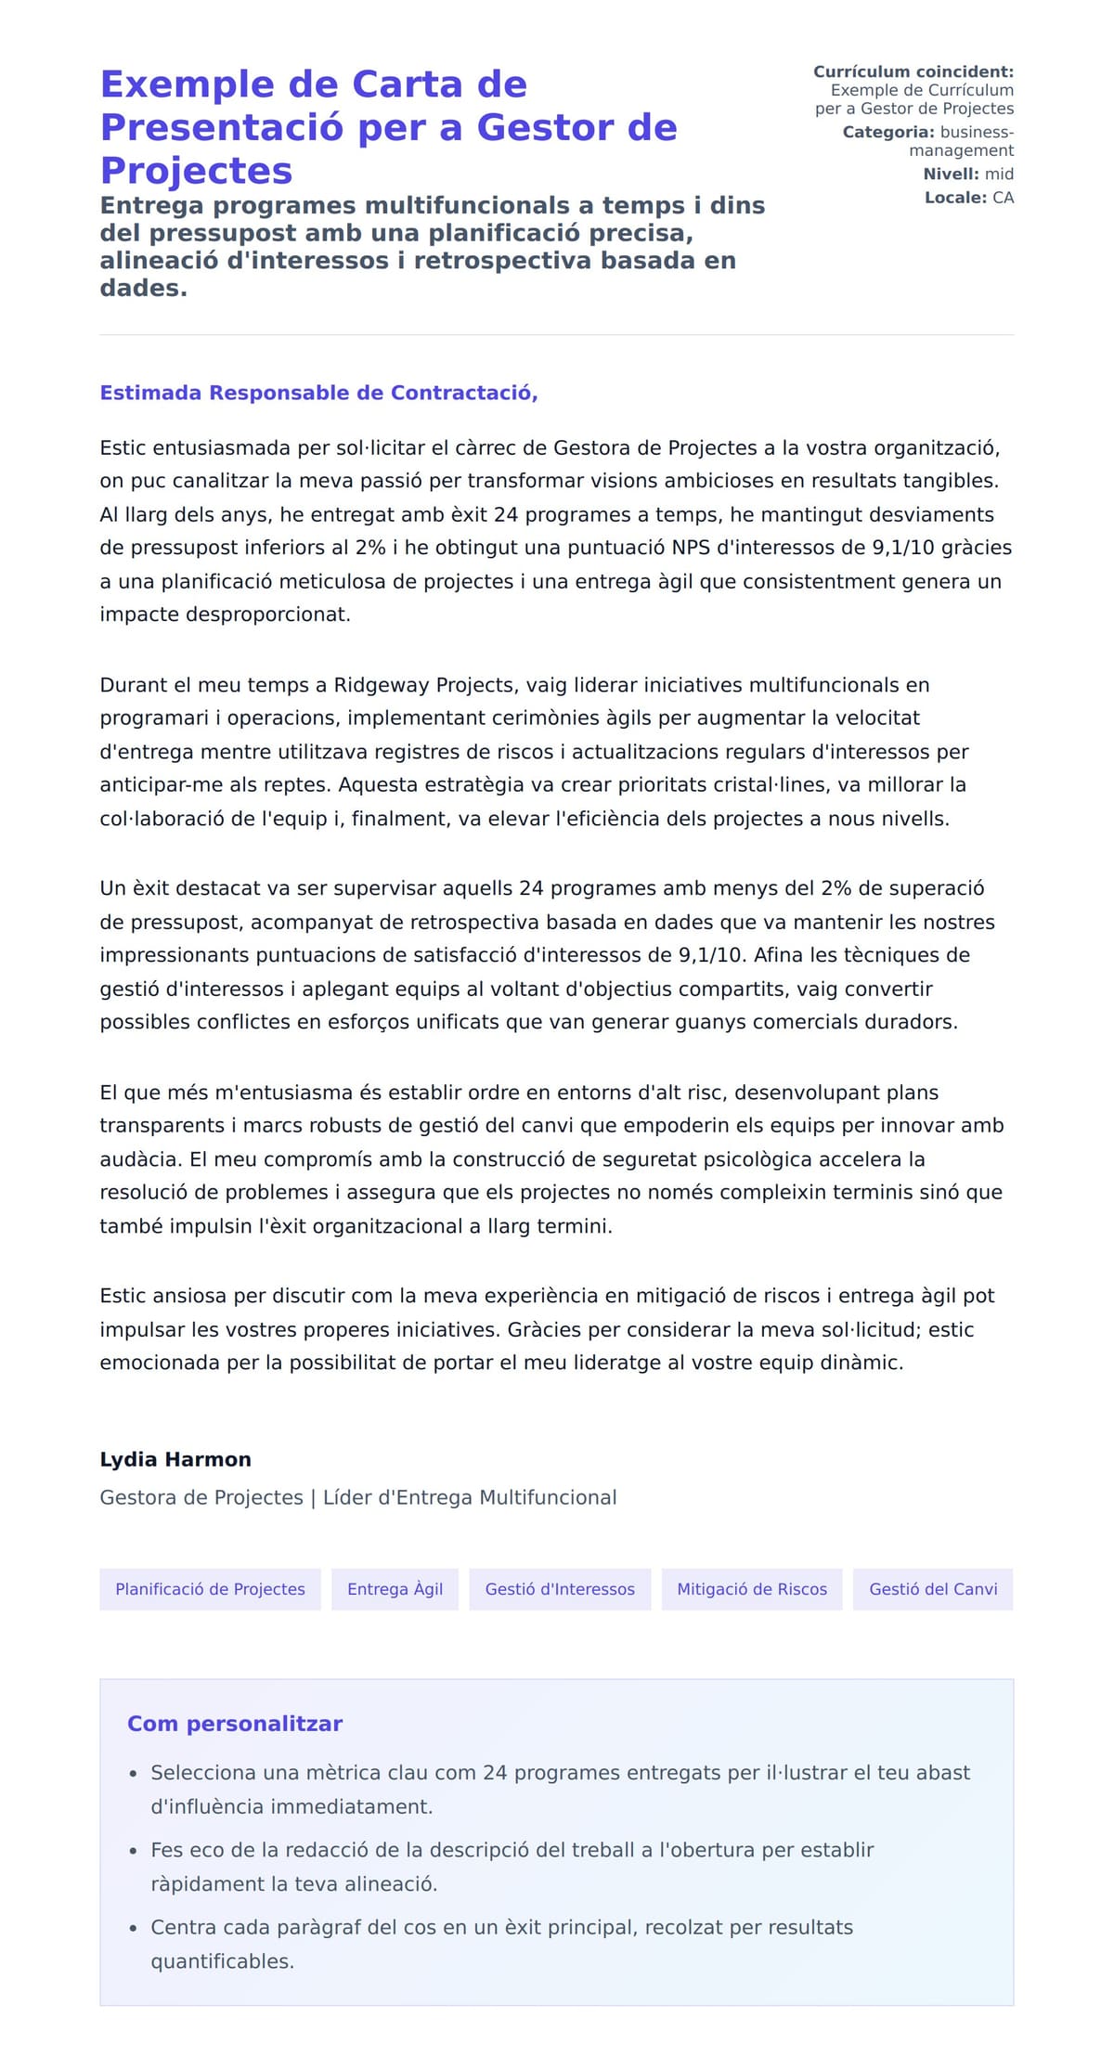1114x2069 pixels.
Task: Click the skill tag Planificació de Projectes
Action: pos(210,1589)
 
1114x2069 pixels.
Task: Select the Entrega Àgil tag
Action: pos(395,1589)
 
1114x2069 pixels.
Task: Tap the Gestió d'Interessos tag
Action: pos(560,1589)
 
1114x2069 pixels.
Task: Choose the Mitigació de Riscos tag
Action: pos(751,1589)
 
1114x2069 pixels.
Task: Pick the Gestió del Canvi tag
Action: pos(933,1589)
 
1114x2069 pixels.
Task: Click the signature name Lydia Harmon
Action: pos(175,1459)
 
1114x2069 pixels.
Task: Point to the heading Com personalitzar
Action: pos(235,1724)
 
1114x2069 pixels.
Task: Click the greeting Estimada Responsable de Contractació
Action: pos(318,393)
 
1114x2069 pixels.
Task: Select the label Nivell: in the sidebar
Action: pos(951,175)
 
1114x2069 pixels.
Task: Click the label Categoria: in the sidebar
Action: pos(887,133)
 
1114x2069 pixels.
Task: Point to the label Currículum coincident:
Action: pos(913,71)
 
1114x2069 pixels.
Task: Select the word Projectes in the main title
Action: pos(196,171)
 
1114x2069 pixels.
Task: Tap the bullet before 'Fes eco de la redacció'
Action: pos(134,1851)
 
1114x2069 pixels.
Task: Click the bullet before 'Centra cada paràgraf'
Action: pos(134,1928)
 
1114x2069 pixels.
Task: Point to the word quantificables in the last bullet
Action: pos(222,1961)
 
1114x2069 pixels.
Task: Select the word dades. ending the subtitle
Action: pos(144,289)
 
